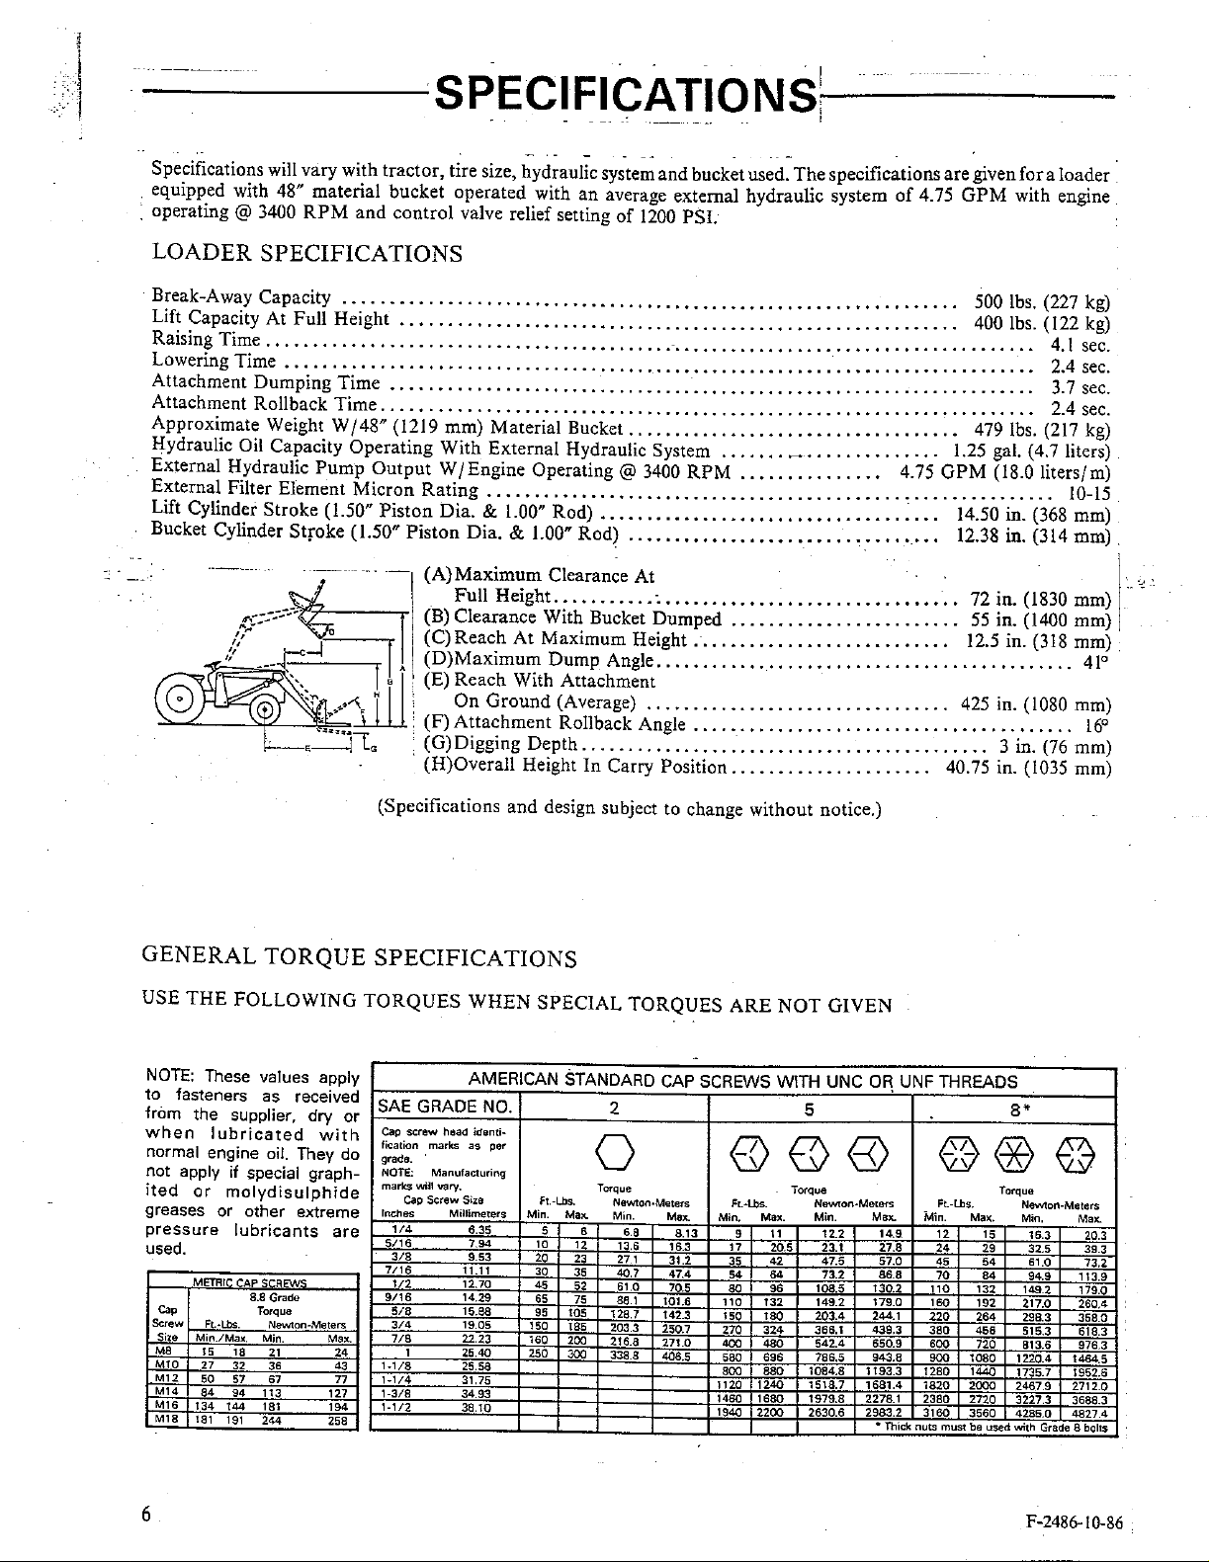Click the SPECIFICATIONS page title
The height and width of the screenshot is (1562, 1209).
point(626,96)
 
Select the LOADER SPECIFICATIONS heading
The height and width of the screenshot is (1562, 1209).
point(306,254)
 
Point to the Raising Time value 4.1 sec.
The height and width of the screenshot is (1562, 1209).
point(1079,346)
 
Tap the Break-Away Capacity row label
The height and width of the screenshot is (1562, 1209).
point(241,297)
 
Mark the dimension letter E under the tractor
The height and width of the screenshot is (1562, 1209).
point(307,751)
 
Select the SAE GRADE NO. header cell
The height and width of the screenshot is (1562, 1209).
point(444,1107)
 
